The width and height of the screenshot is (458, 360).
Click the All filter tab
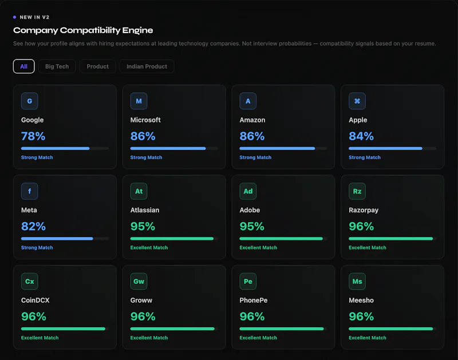coord(23,66)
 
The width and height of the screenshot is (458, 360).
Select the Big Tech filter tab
coord(57,66)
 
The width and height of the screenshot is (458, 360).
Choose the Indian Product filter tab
coord(147,66)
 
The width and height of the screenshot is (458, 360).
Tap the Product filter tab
coord(97,66)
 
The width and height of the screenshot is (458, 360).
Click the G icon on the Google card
coord(30,101)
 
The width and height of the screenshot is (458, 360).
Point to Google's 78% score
coord(33,136)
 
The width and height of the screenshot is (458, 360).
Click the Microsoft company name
coord(145,120)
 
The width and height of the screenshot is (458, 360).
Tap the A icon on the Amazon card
coord(248,101)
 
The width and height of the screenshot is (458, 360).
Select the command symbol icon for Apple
coord(357,101)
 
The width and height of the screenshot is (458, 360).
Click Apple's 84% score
coord(361,136)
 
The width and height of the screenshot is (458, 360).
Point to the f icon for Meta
coord(30,191)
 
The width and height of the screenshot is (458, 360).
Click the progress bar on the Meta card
coord(65,239)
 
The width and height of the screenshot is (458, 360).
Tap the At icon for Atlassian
coord(139,191)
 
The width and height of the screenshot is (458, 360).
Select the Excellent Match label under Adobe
coord(258,248)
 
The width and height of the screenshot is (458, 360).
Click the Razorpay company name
coord(364,210)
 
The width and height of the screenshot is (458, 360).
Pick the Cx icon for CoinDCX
coord(30,282)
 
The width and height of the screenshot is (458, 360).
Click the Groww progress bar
coord(174,329)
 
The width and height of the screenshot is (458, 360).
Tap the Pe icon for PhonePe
coord(248,282)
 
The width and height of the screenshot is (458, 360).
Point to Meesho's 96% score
coord(361,317)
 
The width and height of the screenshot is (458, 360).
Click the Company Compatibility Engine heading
coord(83,30)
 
